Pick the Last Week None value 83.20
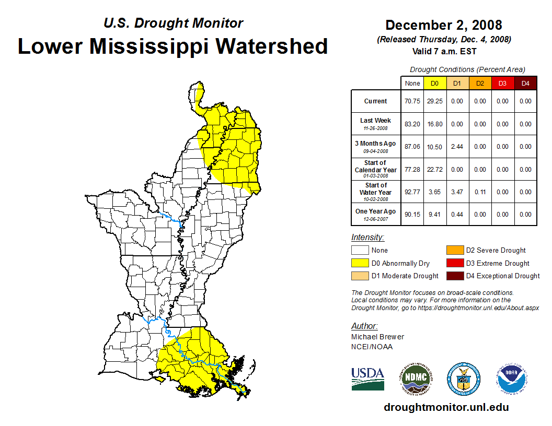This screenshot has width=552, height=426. coord(412,124)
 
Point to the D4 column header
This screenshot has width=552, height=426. coord(525,84)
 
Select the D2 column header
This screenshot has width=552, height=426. coord(480,84)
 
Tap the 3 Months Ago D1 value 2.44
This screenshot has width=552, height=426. coord(457,147)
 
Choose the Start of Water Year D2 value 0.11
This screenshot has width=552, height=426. coord(480,192)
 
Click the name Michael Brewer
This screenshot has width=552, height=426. coord(377,337)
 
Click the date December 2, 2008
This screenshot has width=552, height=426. coord(443,25)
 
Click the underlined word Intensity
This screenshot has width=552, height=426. coord(367,238)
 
